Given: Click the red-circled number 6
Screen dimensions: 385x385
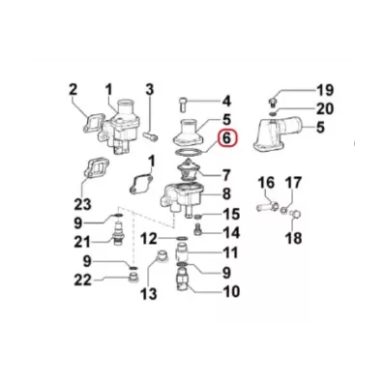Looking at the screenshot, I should [226, 139].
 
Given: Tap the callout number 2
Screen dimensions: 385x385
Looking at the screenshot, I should [72, 91].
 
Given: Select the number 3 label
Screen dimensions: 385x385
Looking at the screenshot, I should [149, 91].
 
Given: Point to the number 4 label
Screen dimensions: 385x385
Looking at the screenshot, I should [227, 100].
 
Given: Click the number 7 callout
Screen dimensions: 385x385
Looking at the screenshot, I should [227, 176].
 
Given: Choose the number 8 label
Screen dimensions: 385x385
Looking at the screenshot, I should [227, 195].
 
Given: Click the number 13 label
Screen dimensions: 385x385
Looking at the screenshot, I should [149, 294].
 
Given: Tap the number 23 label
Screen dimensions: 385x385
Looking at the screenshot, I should [81, 203].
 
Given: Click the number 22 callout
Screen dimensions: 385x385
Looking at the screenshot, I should [83, 281].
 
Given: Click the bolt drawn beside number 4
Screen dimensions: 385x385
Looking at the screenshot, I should [185, 101].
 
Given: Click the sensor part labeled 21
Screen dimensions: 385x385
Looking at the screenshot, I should [119, 239].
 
